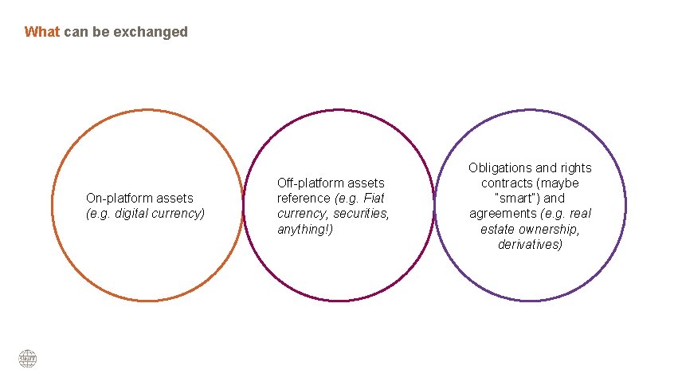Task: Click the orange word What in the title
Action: coord(42,32)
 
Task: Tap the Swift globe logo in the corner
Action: coord(28,359)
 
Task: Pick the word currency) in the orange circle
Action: coord(179,213)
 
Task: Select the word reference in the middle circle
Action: coord(304,198)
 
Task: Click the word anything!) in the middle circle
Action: coord(306,229)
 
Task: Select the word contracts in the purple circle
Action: coord(507,183)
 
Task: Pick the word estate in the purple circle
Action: coord(497,229)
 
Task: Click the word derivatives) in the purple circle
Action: coord(530,244)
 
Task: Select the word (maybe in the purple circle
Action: coord(558,183)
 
